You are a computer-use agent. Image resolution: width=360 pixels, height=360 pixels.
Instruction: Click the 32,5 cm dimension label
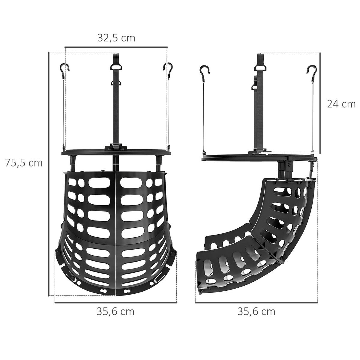116,38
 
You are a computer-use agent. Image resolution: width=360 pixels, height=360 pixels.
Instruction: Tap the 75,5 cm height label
24,163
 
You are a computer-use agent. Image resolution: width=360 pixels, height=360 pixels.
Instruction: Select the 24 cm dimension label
341,104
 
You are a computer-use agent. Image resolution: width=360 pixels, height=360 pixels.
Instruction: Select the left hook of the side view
205,71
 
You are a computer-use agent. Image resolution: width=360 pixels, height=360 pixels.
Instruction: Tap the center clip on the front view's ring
116,148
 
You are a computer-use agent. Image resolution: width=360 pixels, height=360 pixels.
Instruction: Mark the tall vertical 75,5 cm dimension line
49,174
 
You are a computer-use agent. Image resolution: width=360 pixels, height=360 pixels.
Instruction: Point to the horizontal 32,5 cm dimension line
116,47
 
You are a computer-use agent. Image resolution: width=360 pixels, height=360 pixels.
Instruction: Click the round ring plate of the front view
90,153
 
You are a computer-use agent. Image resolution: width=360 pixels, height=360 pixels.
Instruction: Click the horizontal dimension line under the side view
256,303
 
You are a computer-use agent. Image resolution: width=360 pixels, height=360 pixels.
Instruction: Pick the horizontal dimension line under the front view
115,303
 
